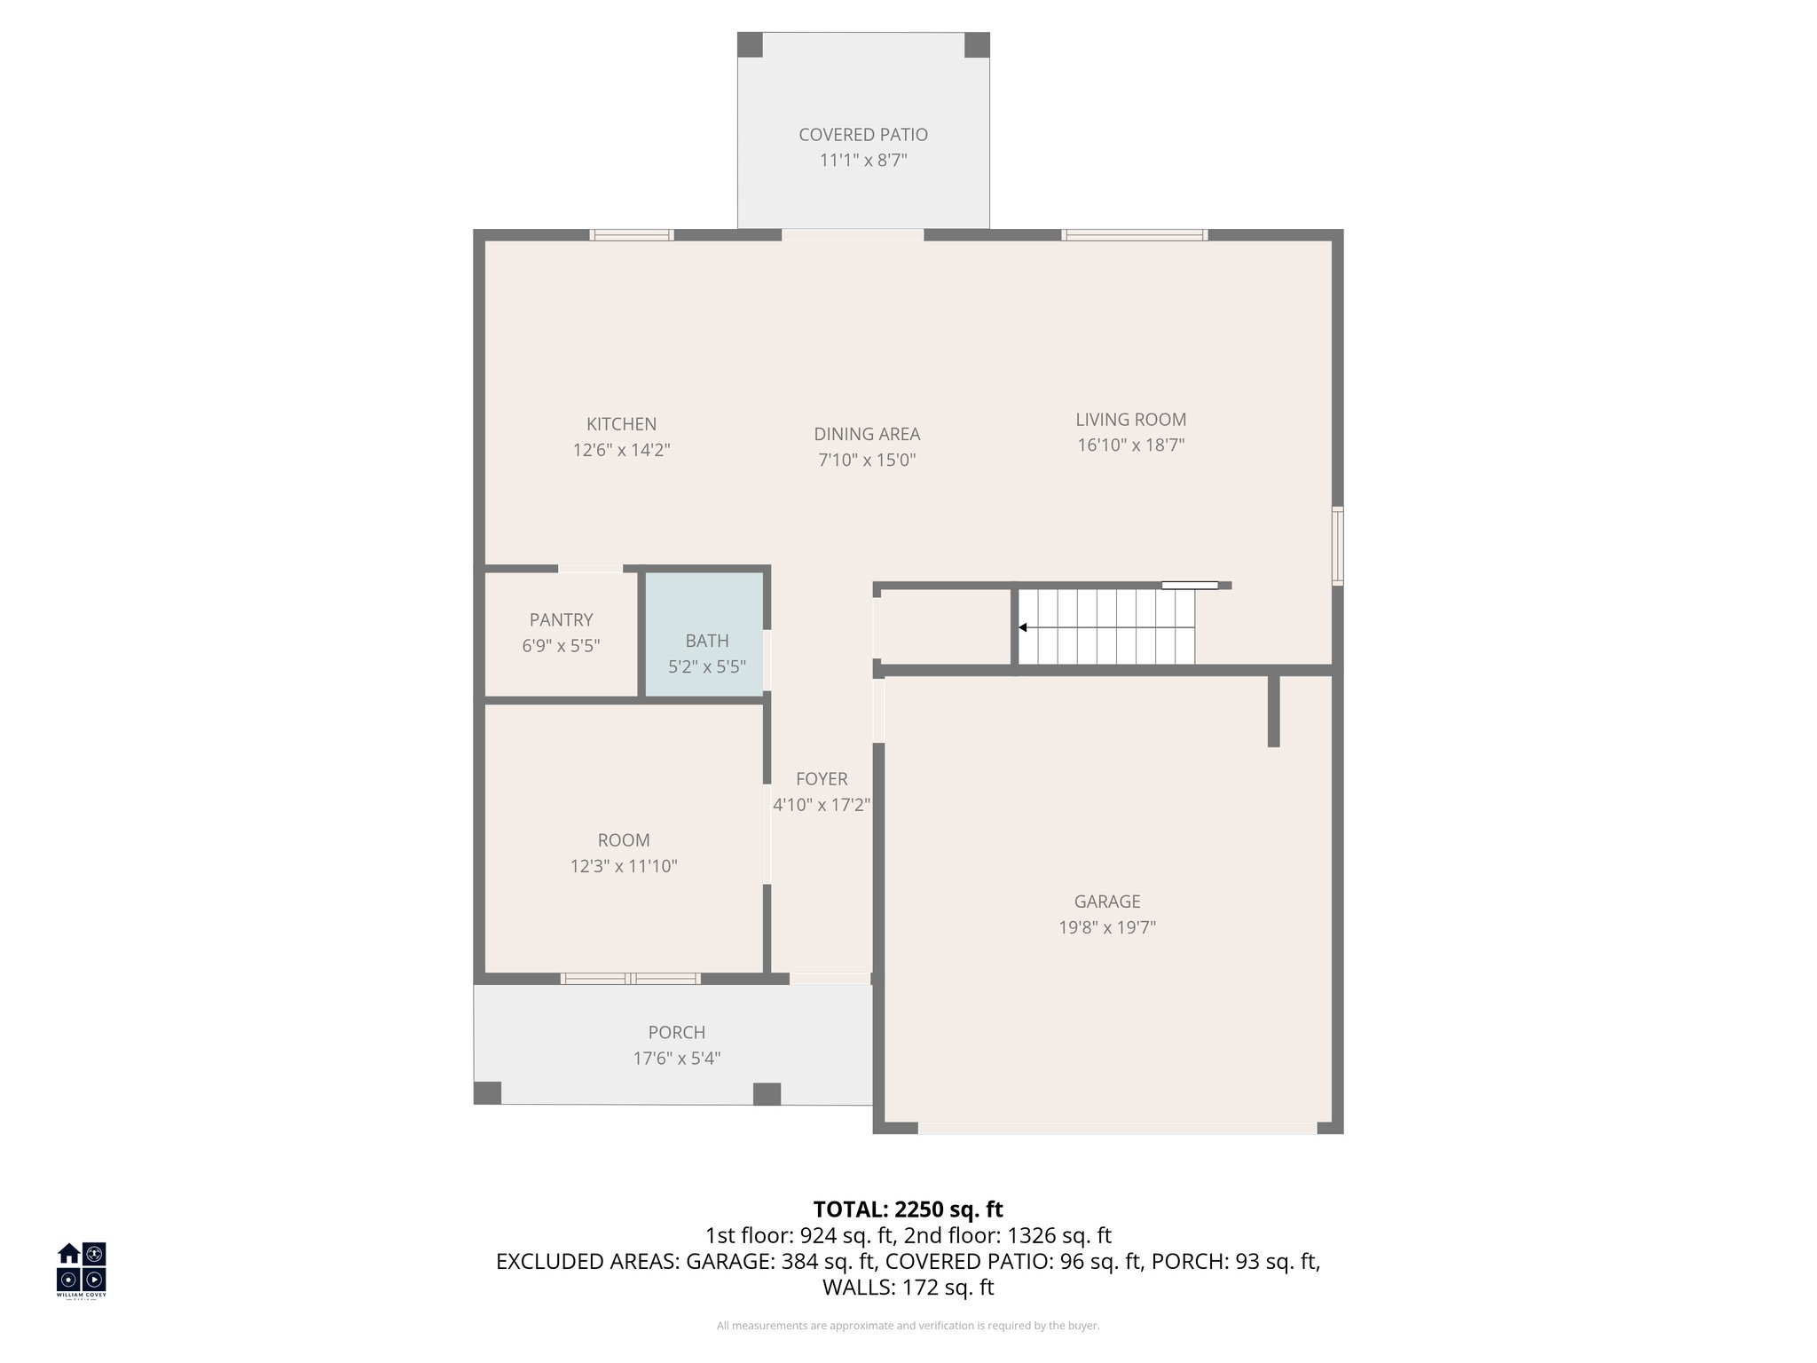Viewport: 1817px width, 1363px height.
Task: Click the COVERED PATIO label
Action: click(862, 135)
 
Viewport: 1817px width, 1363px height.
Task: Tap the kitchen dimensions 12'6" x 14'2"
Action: click(621, 450)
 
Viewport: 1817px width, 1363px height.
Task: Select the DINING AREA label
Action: click(867, 434)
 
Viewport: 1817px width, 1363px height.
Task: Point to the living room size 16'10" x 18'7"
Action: click(1130, 445)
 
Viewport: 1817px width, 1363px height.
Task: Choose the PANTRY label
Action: click(561, 619)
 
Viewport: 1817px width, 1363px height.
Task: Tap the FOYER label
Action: click(822, 779)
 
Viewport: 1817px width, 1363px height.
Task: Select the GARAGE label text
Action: click(1106, 902)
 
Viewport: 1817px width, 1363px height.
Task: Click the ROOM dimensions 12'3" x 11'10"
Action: click(624, 866)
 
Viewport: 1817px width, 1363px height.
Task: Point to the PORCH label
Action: click(676, 1032)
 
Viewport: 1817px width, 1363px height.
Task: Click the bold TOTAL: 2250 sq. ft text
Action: click(908, 1209)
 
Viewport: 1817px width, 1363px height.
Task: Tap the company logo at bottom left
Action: click(82, 1269)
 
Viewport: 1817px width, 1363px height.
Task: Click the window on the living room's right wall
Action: click(1338, 546)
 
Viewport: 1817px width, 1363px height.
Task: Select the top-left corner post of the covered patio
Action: click(750, 44)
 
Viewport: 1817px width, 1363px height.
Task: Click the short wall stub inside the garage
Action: click(1273, 710)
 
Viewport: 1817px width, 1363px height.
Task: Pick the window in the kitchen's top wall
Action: click(632, 235)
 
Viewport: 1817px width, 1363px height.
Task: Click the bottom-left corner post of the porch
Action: click(487, 1093)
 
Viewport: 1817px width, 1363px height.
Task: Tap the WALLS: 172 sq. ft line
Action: click(908, 1288)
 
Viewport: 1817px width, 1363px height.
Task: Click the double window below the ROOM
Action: click(630, 979)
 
